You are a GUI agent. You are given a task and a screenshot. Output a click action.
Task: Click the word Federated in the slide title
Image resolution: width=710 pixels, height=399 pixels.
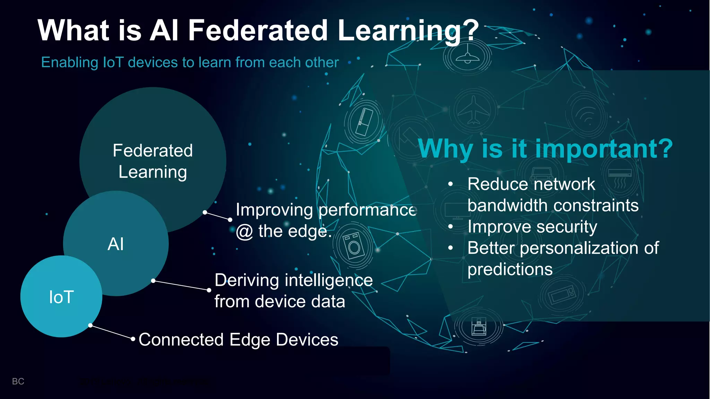[258, 30]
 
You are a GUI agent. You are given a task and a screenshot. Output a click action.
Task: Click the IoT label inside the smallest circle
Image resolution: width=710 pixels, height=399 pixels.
[61, 297]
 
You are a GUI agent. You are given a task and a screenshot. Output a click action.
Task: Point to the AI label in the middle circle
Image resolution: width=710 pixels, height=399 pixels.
[115, 244]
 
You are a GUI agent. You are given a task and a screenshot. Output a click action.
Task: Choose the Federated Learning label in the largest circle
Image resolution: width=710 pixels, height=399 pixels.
[153, 161]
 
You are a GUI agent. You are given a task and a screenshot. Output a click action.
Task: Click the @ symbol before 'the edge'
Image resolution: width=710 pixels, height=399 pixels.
[244, 232]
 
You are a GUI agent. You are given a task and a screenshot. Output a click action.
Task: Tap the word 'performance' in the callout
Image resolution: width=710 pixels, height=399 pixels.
[367, 210]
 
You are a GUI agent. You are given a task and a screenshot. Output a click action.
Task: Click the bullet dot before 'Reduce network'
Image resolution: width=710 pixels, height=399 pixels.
[450, 184]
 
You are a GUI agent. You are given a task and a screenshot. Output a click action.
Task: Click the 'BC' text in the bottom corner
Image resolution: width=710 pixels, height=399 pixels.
[18, 381]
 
